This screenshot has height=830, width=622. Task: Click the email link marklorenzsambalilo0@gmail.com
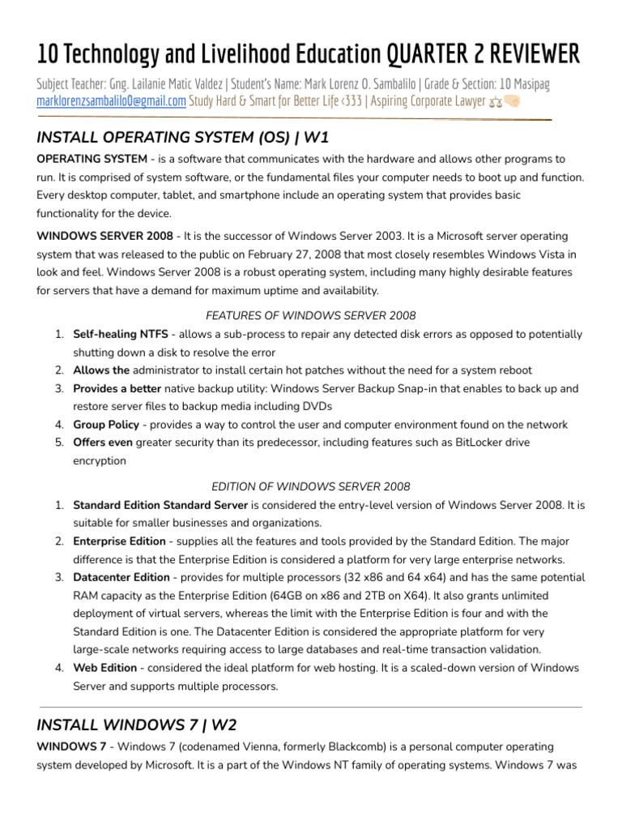(x=112, y=101)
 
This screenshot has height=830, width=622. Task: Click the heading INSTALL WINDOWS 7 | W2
(x=137, y=724)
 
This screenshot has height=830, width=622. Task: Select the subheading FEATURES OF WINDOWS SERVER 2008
(x=311, y=315)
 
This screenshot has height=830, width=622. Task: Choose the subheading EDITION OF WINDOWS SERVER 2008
(x=311, y=486)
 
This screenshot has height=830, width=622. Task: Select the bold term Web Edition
(x=104, y=668)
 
